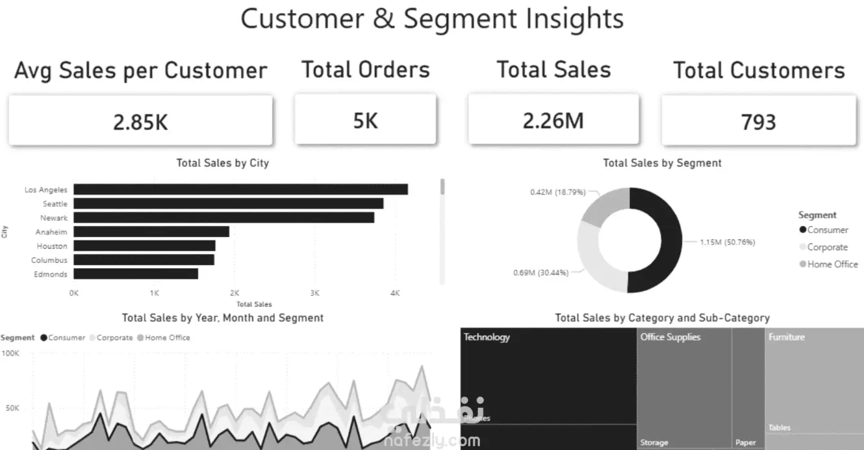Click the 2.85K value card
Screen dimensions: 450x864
click(140, 121)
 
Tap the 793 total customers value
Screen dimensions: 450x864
click(758, 121)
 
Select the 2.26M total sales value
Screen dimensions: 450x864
click(553, 120)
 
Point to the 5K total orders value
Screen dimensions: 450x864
click(365, 120)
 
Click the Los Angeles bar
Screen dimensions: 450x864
click(240, 190)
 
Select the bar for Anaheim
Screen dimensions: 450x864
click(151, 232)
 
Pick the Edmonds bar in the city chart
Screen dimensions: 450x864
click(136, 274)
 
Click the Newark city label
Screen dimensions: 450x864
click(54, 218)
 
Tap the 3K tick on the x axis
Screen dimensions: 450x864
click(314, 293)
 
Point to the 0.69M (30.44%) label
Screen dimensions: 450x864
click(540, 273)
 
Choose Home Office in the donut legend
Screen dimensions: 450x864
click(832, 264)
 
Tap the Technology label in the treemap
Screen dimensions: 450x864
click(487, 337)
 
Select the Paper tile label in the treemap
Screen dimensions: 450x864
click(745, 442)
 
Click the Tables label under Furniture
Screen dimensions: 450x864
click(779, 428)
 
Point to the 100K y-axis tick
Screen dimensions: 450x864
click(11, 354)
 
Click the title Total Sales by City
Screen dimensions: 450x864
click(222, 163)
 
